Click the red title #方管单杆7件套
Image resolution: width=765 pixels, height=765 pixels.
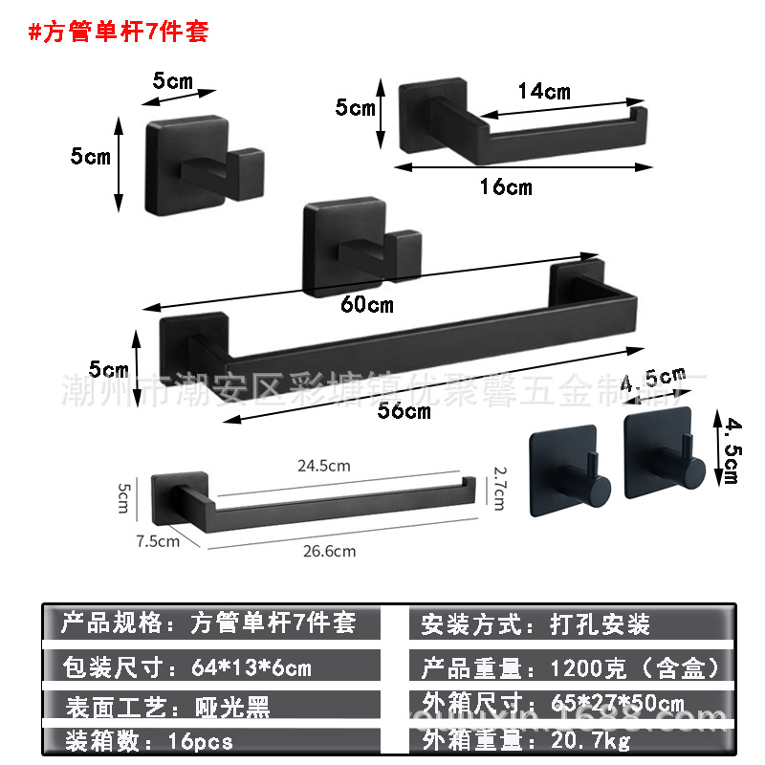[x=119, y=32]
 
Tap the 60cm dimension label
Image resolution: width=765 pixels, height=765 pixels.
[x=367, y=306]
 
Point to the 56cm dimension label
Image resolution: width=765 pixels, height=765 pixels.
[x=404, y=411]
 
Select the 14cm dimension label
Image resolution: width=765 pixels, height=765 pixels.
[x=543, y=92]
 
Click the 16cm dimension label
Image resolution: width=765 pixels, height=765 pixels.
[x=505, y=186]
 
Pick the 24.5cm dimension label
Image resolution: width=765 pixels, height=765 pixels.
[x=323, y=466]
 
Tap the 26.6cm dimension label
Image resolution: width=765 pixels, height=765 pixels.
[x=329, y=550]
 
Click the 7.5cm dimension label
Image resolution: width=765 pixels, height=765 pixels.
[x=158, y=540]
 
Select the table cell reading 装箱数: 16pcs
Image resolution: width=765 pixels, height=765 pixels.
[x=148, y=740]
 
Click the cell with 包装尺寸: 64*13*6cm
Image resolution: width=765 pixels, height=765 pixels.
[x=186, y=667]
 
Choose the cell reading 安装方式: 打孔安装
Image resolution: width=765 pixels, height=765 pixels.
[x=535, y=624]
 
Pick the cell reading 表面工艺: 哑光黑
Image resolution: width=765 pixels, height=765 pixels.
[x=167, y=707]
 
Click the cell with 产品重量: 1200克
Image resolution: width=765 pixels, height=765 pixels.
[x=569, y=667]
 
